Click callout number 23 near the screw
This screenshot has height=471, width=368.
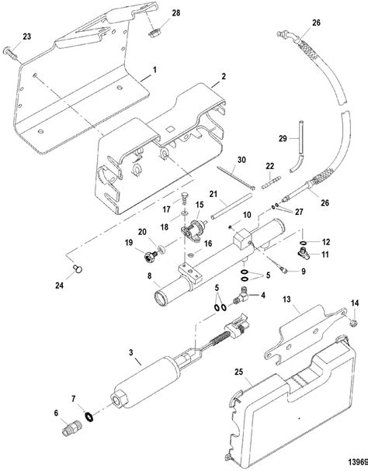point(28,36)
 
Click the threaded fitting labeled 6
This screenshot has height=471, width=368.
point(71,426)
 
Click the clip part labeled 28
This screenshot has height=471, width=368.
point(154,34)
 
